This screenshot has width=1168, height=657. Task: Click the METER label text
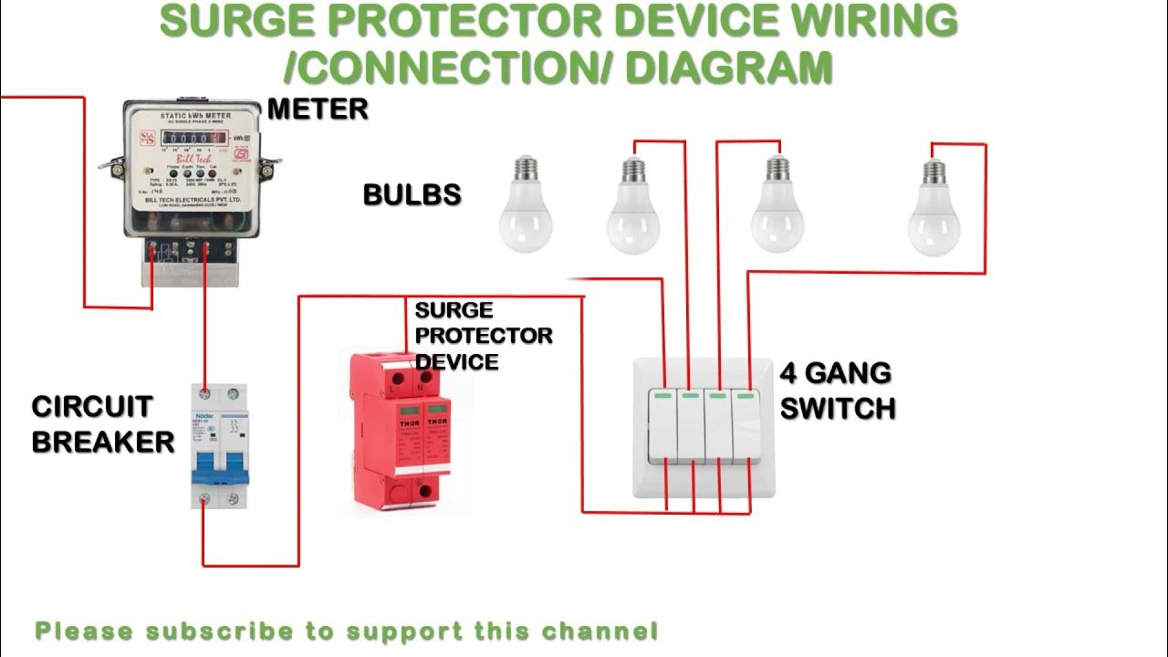[318, 109]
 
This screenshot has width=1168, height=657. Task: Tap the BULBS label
[412, 194]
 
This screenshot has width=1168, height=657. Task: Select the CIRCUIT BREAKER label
[102, 424]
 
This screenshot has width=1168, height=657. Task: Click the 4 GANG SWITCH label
[837, 391]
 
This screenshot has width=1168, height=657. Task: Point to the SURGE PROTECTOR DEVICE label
[483, 336]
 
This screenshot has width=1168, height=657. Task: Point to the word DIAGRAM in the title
[729, 67]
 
